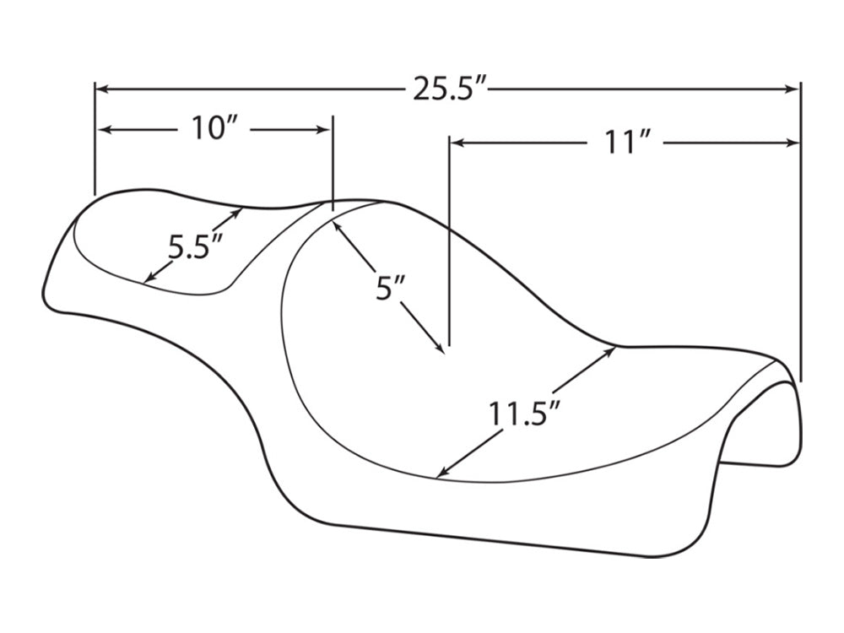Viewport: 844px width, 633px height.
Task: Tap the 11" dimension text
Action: coord(625,143)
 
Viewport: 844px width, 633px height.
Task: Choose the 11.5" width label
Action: coord(524,415)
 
